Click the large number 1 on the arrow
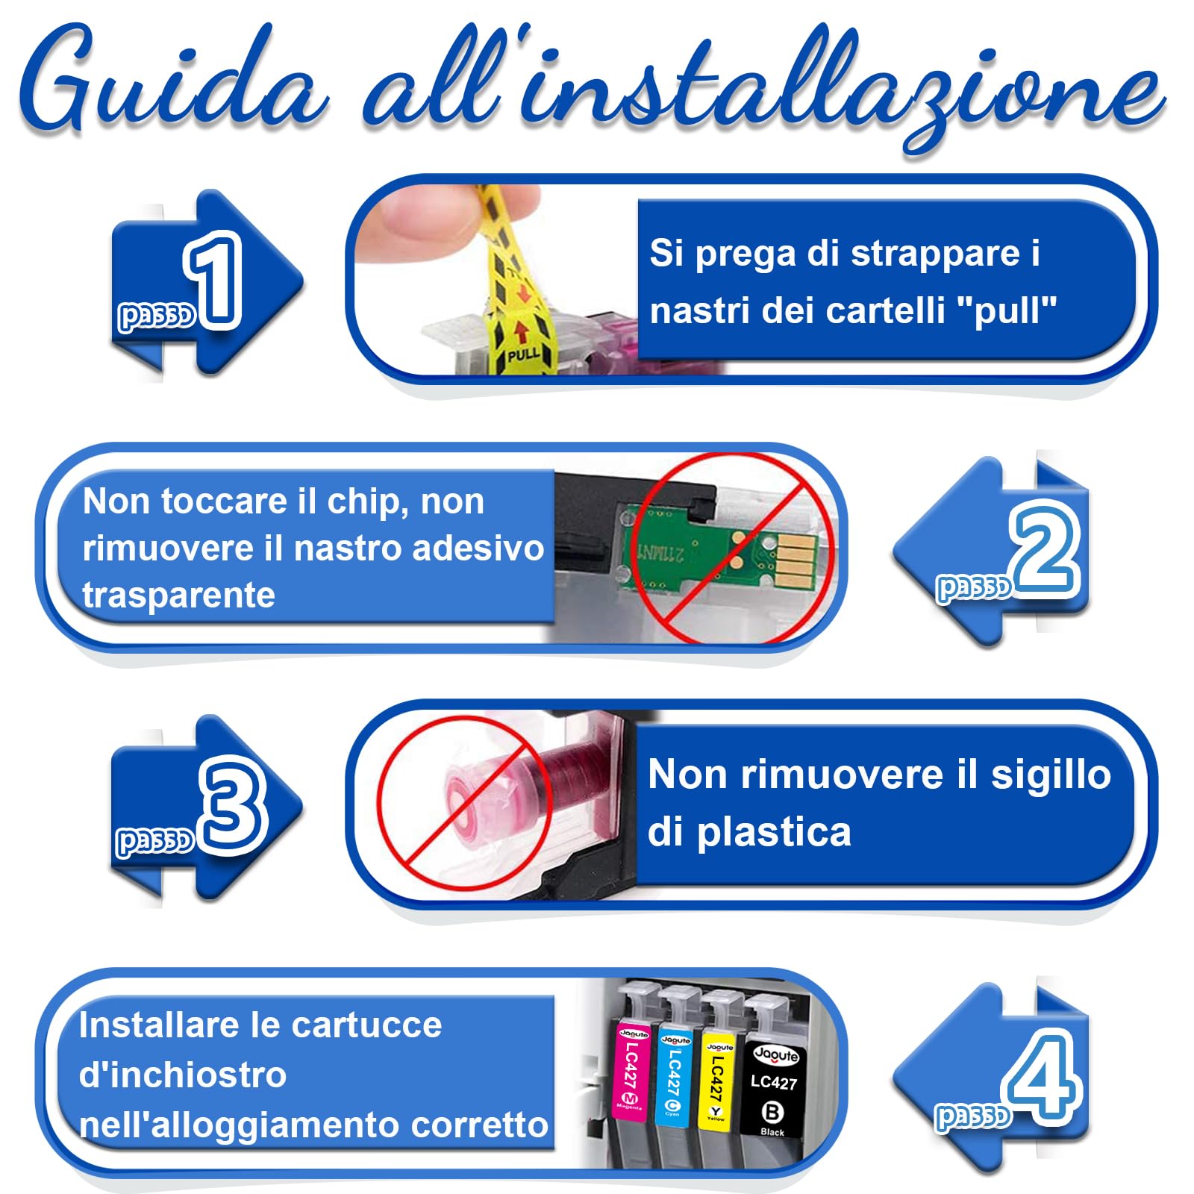(215, 280)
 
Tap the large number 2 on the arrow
(1045, 548)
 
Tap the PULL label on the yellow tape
(523, 353)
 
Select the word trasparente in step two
(179, 596)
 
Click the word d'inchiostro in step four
(183, 1075)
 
